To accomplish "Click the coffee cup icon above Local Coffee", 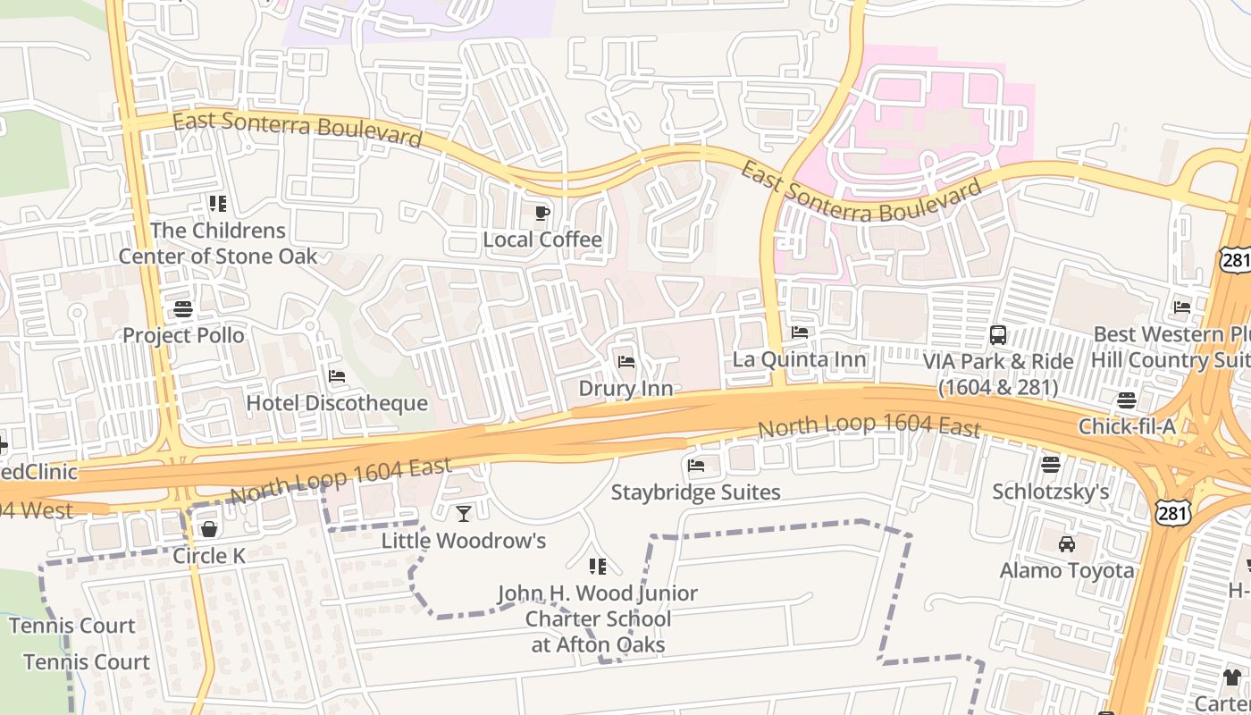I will (x=542, y=213).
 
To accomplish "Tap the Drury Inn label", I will (x=625, y=389).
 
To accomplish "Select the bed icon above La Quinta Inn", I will (x=800, y=332).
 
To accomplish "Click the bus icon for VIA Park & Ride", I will (x=998, y=335).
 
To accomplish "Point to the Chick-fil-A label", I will (x=1127, y=426).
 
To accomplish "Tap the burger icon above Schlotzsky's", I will (x=1051, y=464).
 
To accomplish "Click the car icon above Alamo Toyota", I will (x=1066, y=543).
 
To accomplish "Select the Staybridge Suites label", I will (x=695, y=492).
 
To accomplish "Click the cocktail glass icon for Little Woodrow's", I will (x=463, y=513).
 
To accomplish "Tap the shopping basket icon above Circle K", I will (x=209, y=529).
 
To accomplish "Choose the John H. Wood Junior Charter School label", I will (x=598, y=618).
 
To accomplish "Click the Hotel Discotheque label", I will (x=337, y=403).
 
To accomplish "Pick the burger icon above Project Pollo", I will (x=183, y=309).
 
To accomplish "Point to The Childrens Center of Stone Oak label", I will (x=218, y=243).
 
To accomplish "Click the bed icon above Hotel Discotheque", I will (x=337, y=376).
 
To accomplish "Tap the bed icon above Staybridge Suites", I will (x=696, y=465).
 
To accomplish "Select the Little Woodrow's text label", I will (x=463, y=541).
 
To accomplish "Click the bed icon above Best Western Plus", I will (x=1182, y=307).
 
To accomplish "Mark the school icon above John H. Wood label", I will (x=598, y=566).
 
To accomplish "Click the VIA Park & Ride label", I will (x=998, y=374).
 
